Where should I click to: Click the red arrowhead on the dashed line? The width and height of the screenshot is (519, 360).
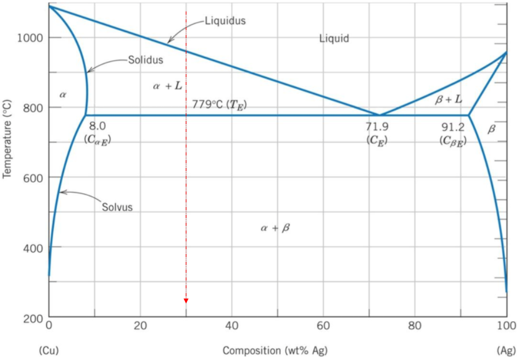[x=186, y=301]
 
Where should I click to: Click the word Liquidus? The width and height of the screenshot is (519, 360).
[x=225, y=21]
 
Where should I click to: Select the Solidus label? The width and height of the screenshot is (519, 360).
[x=146, y=60]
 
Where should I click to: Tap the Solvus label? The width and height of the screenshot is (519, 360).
[x=117, y=207]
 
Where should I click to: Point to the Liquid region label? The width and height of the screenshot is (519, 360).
[x=334, y=39]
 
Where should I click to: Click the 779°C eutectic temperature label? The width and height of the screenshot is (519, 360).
[x=219, y=104]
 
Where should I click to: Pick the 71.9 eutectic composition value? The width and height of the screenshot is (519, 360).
[x=376, y=127]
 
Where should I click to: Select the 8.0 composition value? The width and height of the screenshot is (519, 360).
[x=98, y=126]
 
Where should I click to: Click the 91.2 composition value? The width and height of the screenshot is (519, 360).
[x=453, y=127]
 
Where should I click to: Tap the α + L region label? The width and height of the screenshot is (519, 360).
[x=167, y=86]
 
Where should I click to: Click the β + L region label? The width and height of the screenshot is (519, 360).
[x=448, y=99]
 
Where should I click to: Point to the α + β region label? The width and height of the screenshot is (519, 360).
[x=275, y=228]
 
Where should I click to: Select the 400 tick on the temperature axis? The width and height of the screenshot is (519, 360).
[x=33, y=248]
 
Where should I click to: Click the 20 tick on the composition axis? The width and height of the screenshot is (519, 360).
[x=140, y=325]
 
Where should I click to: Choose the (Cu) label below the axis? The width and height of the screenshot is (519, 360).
[x=48, y=351]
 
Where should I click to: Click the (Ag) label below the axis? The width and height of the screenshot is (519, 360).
[x=505, y=351]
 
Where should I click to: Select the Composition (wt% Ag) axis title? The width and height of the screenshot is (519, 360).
[x=275, y=351]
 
